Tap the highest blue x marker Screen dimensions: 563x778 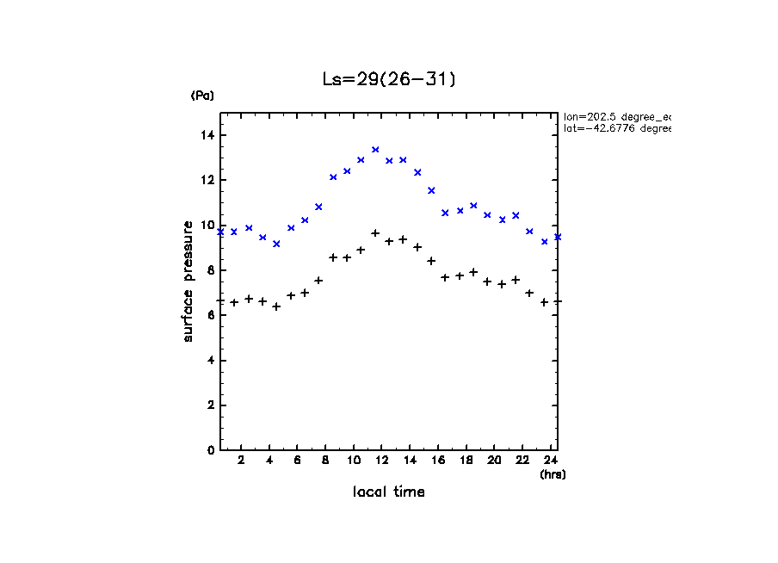coord(375,150)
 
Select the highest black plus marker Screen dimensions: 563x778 coord(375,233)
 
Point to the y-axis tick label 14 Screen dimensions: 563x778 coord(207,135)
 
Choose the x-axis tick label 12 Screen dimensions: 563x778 coord(381,461)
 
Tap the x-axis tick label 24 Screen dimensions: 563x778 coord(551,461)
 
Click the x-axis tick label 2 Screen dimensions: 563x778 coord(242,461)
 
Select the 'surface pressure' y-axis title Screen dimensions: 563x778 coord(188,280)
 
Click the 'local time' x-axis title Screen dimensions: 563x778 coord(388,492)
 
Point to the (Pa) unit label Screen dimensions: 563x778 coord(202,96)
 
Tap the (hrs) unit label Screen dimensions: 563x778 coord(553,474)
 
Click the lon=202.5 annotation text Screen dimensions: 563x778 coord(616,116)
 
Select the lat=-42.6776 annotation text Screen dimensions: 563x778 coord(616,128)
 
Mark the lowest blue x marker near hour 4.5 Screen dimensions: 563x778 coord(276,244)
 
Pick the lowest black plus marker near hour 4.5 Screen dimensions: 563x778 coord(276,306)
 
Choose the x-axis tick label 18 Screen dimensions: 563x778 coord(466,461)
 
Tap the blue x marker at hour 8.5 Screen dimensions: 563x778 coord(333,177)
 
